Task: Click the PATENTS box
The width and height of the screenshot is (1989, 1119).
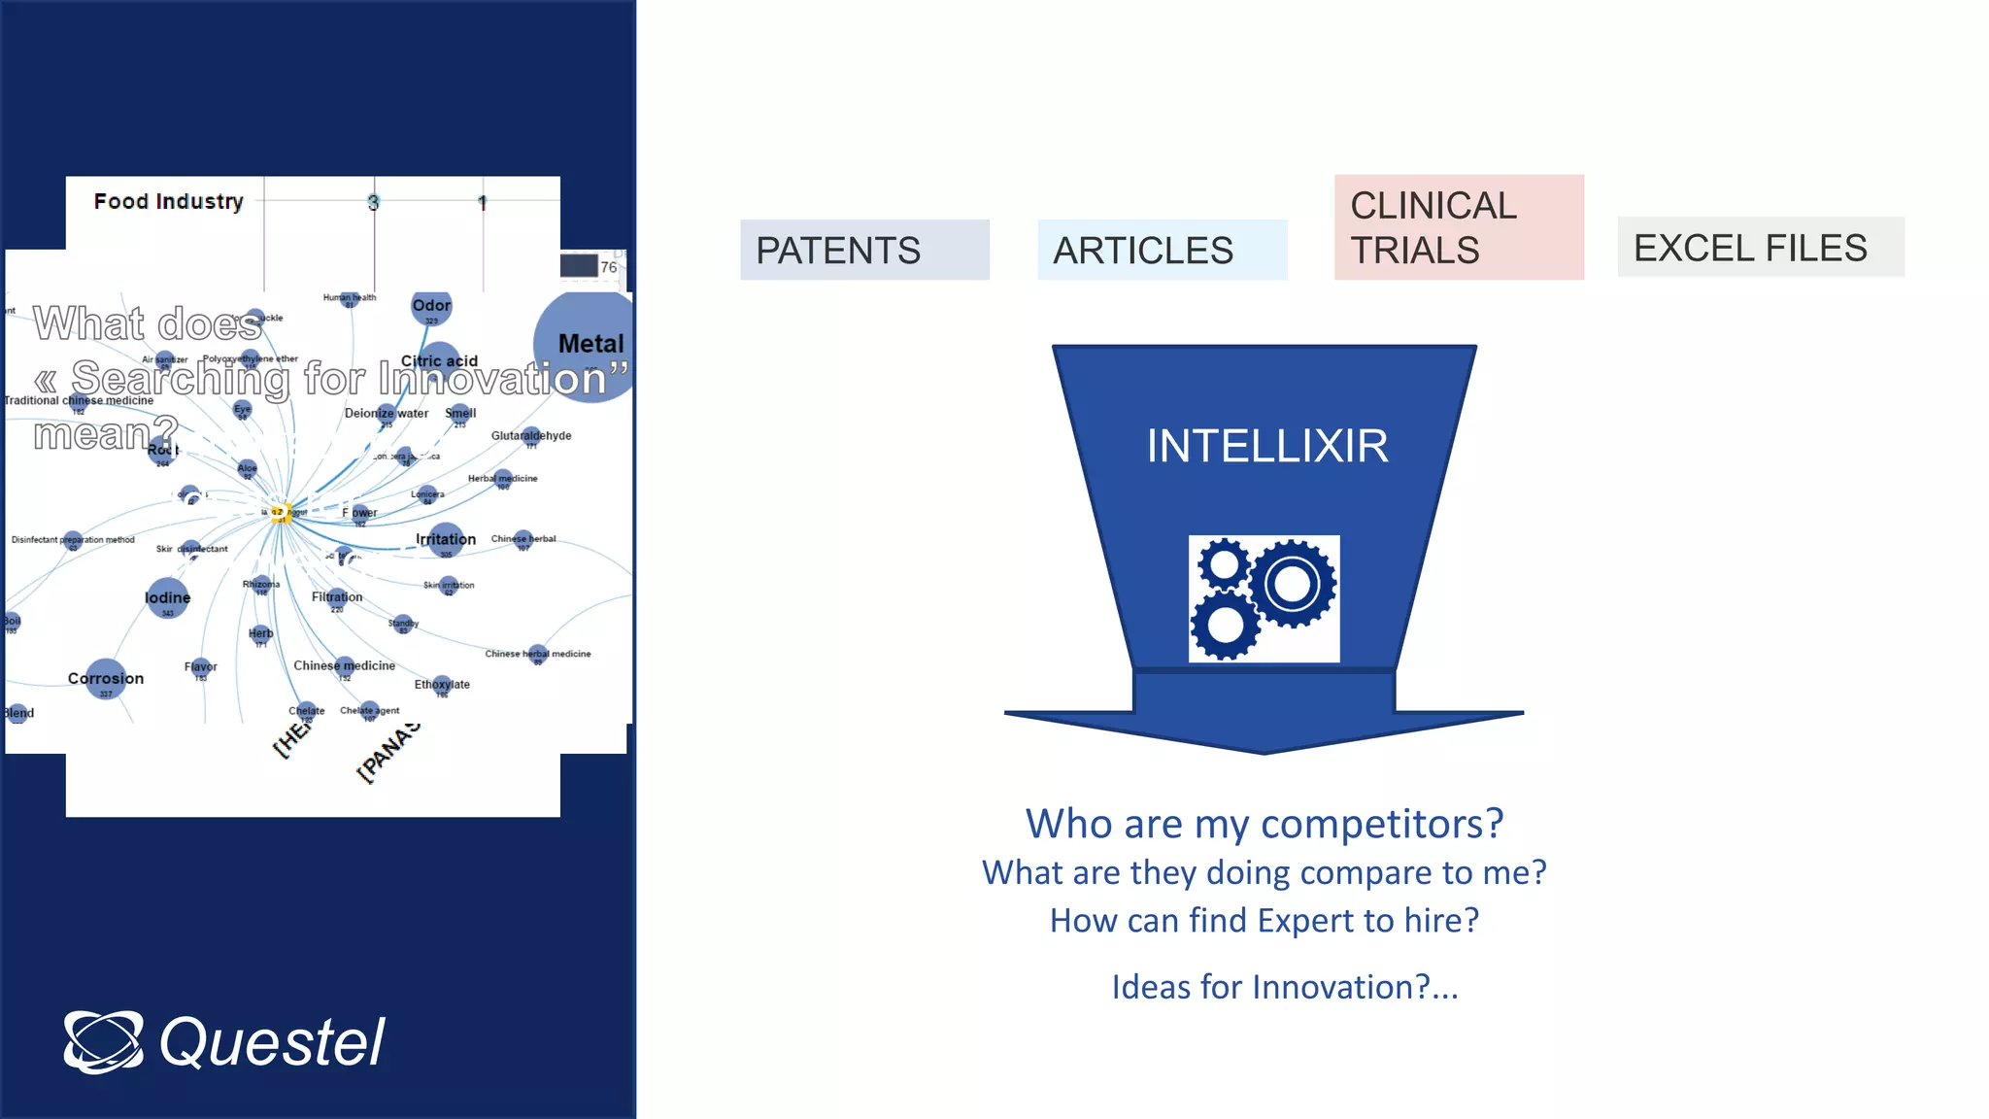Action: point(864,250)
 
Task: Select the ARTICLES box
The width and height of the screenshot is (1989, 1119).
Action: point(1162,250)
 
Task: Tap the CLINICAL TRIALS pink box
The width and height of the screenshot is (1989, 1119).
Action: point(1459,227)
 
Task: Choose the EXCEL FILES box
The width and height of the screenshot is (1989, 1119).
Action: point(1760,247)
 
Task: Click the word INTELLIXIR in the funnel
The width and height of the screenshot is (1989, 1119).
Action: point(1266,446)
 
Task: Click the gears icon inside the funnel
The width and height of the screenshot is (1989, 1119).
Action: point(1264,598)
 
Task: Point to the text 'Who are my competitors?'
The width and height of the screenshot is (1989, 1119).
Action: point(1264,824)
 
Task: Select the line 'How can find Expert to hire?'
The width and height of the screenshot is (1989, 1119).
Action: point(1264,920)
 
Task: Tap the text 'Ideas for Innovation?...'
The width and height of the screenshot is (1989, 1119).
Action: point(1284,987)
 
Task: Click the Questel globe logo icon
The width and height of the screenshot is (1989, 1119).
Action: point(103,1041)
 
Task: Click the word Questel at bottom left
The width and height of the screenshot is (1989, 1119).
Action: point(272,1042)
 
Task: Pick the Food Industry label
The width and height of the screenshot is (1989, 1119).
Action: point(168,201)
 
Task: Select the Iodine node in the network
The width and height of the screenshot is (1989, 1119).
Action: point(168,598)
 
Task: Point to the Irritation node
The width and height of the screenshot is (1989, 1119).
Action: point(446,540)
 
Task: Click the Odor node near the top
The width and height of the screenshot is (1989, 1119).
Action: point(431,306)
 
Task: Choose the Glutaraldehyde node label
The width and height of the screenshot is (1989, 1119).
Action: point(531,436)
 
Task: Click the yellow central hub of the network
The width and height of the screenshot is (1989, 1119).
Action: point(280,514)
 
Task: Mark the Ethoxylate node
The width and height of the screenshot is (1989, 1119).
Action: point(442,685)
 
